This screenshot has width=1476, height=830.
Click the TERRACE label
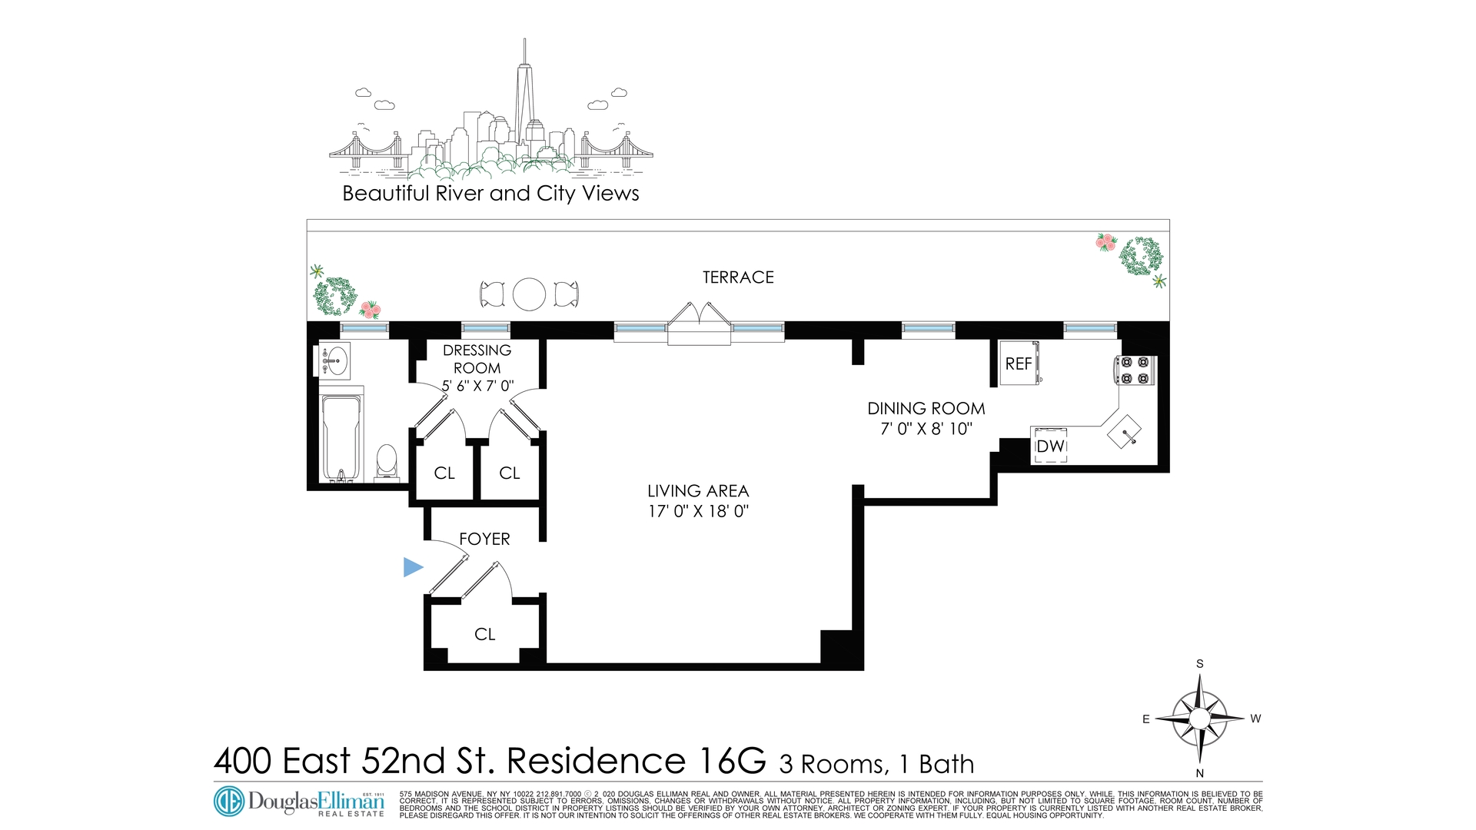pyautogui.click(x=738, y=277)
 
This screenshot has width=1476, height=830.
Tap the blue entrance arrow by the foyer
pyautogui.click(x=413, y=568)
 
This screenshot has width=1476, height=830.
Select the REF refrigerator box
pyautogui.click(x=1019, y=364)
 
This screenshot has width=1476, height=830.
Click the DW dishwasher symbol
pyautogui.click(x=1049, y=447)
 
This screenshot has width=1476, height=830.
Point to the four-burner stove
pyautogui.click(x=1135, y=370)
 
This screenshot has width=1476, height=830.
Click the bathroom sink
pyautogui.click(x=334, y=360)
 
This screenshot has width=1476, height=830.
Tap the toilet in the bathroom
pyautogui.click(x=387, y=462)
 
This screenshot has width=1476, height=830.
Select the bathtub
pyautogui.click(x=341, y=437)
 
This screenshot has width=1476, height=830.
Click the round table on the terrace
pyautogui.click(x=529, y=294)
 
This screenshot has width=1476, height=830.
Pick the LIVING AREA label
pyautogui.click(x=698, y=491)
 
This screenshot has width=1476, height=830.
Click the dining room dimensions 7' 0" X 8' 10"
pyautogui.click(x=926, y=429)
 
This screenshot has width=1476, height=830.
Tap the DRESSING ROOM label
pyautogui.click(x=477, y=359)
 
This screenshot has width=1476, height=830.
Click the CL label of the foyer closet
pyautogui.click(x=484, y=634)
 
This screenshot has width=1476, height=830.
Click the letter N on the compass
pyautogui.click(x=1199, y=773)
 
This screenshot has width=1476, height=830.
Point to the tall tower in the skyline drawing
pyautogui.click(x=525, y=100)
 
